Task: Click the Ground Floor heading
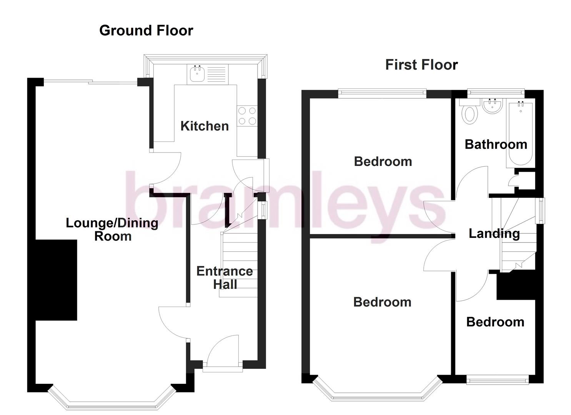(146, 30)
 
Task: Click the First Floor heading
(421, 65)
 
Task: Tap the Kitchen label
(205, 126)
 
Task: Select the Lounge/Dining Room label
(112, 229)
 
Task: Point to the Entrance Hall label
(225, 278)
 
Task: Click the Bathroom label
(496, 144)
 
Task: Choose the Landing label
(494, 234)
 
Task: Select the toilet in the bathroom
(469, 113)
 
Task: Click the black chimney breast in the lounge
(57, 280)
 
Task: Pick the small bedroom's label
(495, 322)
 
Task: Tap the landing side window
(541, 211)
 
